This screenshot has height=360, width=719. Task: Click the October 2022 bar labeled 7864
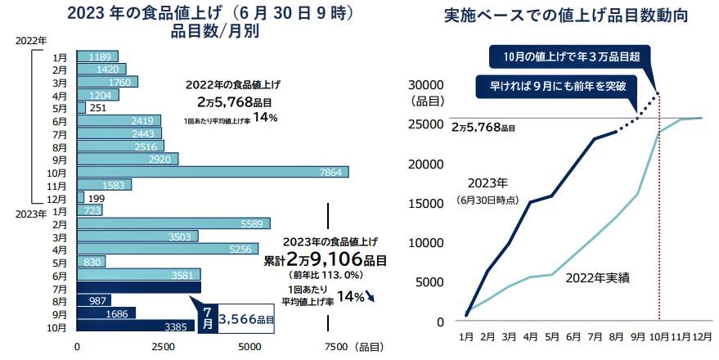point(213,172)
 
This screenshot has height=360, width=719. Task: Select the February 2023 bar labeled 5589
point(173,223)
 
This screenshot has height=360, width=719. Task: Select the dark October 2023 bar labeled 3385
point(136,326)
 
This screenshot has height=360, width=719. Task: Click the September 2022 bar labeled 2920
point(128,159)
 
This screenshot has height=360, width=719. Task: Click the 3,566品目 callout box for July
point(242,318)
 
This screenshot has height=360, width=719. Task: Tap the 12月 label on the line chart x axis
point(702,335)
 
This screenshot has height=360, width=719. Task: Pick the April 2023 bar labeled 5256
point(168,249)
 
